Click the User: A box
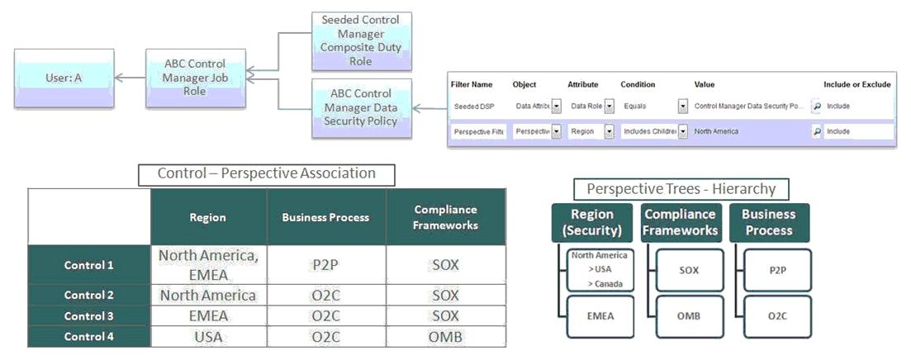point(64,78)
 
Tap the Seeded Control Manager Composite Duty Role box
point(362,41)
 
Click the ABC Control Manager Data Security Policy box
point(362,108)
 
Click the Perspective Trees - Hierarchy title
point(681,189)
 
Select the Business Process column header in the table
point(326,217)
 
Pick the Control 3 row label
point(89,315)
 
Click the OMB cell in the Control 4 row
point(445,336)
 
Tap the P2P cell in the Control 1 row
point(326,265)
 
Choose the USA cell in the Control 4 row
point(208,336)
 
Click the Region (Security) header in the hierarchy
point(593,222)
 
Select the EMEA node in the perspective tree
point(599,315)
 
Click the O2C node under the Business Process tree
point(776,315)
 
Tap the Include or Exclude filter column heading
point(857,84)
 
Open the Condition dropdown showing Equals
point(683,107)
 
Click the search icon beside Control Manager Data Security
point(817,107)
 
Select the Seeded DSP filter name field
point(477,107)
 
